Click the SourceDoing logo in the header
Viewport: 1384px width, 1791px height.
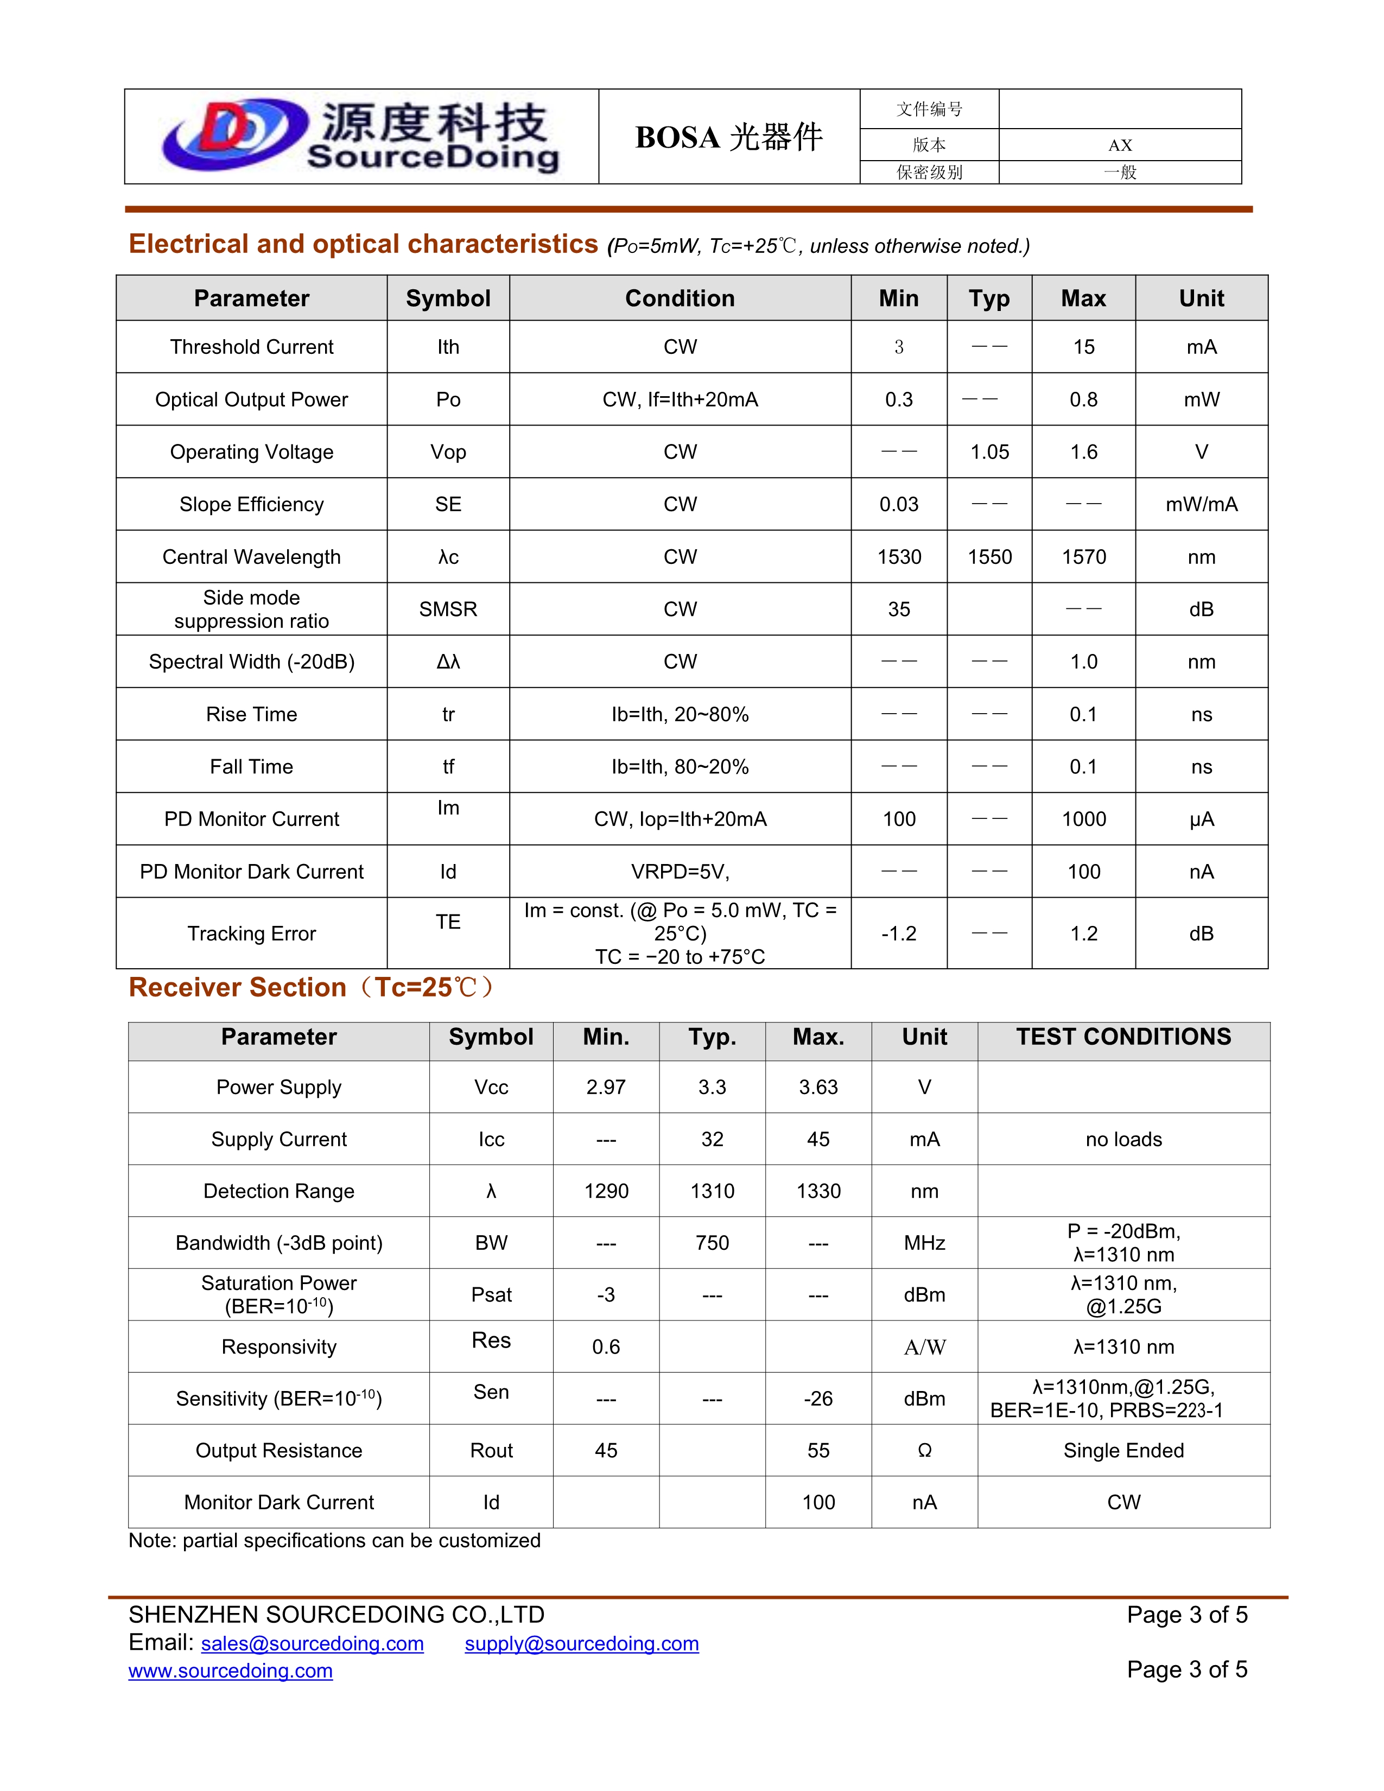click(x=361, y=136)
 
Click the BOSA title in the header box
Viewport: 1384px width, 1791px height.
click(x=728, y=137)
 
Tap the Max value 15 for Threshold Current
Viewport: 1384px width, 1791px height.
click(x=1083, y=347)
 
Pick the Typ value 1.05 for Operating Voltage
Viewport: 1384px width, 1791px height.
click(x=989, y=452)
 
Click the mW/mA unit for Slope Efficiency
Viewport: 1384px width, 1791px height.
click(x=1201, y=504)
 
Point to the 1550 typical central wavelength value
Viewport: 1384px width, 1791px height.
click(x=989, y=557)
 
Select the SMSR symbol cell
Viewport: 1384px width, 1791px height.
click(x=448, y=609)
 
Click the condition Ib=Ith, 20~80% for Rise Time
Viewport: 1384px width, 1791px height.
click(x=680, y=714)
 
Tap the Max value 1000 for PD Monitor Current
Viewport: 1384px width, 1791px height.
click(x=1083, y=819)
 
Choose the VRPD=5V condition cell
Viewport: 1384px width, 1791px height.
click(x=680, y=872)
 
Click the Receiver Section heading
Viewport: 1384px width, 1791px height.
click(x=312, y=987)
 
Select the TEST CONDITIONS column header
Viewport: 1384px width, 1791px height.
click(x=1123, y=1037)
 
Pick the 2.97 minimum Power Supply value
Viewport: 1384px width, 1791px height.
click(x=605, y=1088)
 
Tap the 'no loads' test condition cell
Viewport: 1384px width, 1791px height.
click(x=1123, y=1139)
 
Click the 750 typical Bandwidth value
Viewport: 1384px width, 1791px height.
click(x=712, y=1243)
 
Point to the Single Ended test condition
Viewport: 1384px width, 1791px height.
click(x=1123, y=1451)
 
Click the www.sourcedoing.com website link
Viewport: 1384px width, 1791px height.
click(x=230, y=1671)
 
